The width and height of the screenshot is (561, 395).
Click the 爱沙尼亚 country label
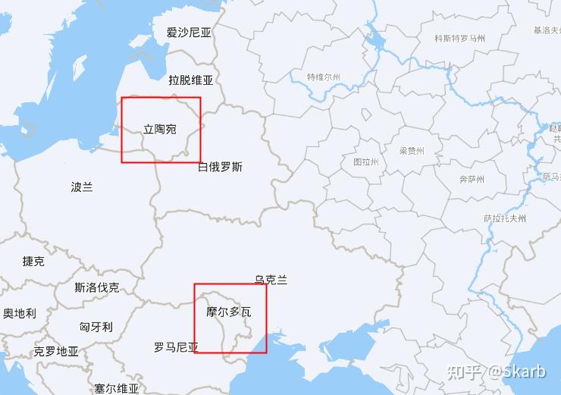coord(189,33)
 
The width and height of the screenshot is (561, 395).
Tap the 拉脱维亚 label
coord(190,80)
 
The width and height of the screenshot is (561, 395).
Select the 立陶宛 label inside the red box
coord(159,130)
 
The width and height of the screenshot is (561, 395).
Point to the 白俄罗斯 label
coord(220,167)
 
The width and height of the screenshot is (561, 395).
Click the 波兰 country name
coord(82,187)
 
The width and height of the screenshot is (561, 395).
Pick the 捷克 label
coord(33,262)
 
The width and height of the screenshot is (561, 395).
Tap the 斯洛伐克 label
coord(96,288)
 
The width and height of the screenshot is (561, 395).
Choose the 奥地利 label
coord(19,313)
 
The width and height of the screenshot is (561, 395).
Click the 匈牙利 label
coord(96,327)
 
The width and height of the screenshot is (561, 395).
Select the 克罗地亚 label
coord(56,352)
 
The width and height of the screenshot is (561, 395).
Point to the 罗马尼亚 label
coord(176,348)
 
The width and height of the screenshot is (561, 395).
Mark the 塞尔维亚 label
coord(117,388)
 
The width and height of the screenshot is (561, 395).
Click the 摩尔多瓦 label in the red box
coord(228,312)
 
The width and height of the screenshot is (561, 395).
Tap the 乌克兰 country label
coord(271,281)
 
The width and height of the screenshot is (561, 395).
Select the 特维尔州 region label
coord(324,77)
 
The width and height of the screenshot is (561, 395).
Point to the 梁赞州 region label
coord(412,151)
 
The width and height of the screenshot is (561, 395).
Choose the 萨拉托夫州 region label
coord(505,218)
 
